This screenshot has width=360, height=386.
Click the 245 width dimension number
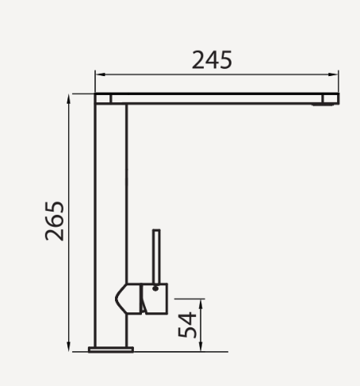tap(212, 59)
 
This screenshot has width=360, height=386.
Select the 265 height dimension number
tap(54, 221)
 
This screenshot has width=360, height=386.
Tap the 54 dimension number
tap(187, 326)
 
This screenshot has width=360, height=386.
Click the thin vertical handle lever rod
tap(156, 256)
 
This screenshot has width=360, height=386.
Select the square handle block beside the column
tap(155, 298)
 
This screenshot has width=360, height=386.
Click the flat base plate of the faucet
tap(111, 348)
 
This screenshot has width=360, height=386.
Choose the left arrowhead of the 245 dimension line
tap(98, 74)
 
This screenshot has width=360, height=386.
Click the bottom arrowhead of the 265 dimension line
tap(69, 346)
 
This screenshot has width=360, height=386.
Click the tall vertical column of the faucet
tap(111, 206)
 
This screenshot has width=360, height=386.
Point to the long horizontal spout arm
tap(222, 98)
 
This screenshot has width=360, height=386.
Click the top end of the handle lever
tap(156, 232)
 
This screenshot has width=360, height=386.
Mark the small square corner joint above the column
tap(103, 98)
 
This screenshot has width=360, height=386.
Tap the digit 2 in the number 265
tap(54, 235)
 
